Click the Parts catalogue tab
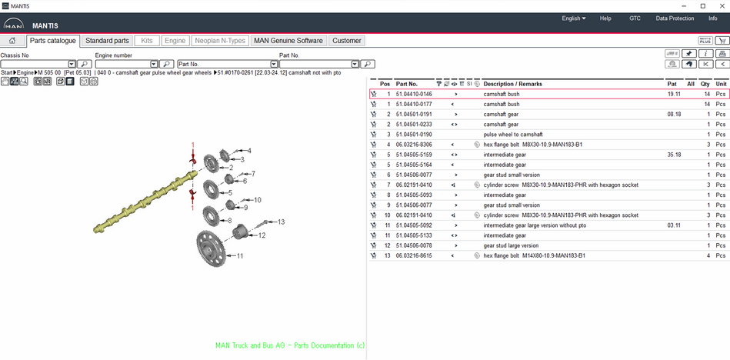point(52,41)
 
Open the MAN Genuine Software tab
point(288,41)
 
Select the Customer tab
point(346,41)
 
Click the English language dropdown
point(574,18)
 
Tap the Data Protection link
point(675,18)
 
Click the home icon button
point(12,41)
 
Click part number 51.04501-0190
point(414,135)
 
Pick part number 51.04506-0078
point(414,245)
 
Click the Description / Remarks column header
point(512,84)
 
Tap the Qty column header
point(705,84)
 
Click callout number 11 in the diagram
point(240,255)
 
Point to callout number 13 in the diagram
point(281,222)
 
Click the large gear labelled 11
point(212,248)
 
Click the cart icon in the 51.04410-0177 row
point(373,105)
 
